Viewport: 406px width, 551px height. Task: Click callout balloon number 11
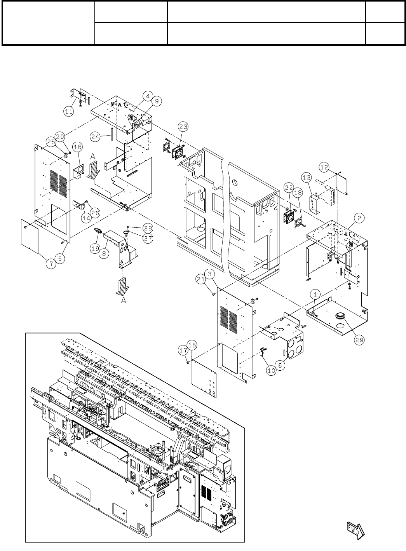(68, 111)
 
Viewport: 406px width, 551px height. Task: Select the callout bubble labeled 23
(183, 126)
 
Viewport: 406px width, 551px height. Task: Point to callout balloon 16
(77, 146)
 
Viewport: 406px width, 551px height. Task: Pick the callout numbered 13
(307, 178)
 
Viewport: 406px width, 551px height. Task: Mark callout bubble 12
(324, 167)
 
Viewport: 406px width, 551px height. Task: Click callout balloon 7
(51, 263)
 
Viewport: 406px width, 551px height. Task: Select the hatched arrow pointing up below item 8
(123, 286)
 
